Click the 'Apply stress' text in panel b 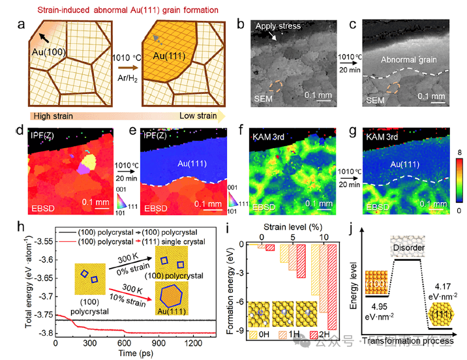point(279,26)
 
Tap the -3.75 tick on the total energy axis point(43,314)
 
